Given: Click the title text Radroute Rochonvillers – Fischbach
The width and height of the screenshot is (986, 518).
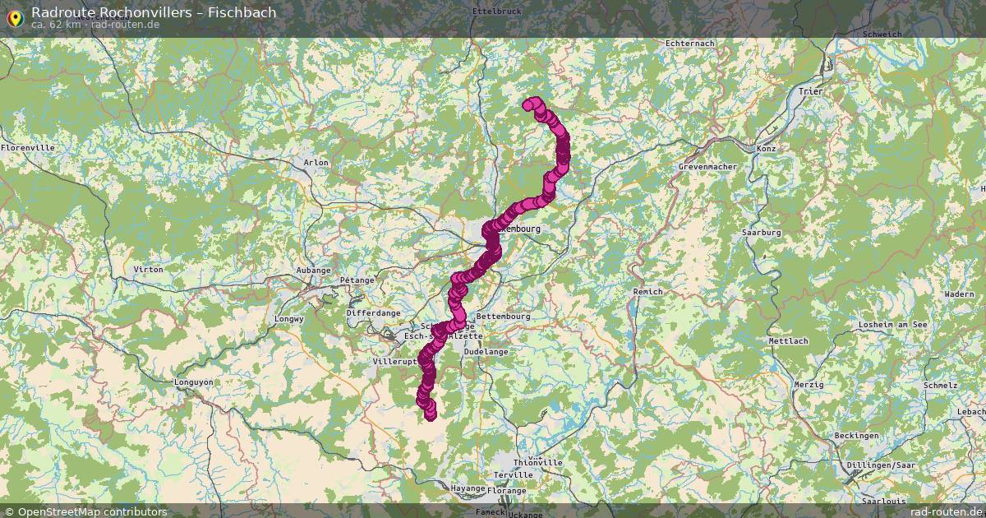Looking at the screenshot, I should coord(154,12).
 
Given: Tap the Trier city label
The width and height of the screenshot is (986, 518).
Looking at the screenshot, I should coord(810,91).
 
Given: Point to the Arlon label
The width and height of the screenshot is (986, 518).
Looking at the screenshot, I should coord(316,163).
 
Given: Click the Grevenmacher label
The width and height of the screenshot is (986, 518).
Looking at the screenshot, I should coord(707,167).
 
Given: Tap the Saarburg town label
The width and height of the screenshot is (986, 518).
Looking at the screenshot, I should coord(761,234).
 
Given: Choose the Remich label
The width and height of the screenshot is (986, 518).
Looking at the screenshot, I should coord(647,292).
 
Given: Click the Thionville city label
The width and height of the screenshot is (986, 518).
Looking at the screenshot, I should coord(537,463).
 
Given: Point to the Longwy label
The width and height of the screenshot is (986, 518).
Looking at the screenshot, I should coord(288,318).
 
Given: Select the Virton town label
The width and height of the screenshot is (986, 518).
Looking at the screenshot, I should coord(148,270).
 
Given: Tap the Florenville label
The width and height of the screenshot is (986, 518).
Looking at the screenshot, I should coord(28,148).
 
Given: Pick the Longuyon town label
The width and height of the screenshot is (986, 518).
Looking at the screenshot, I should coord(193,382).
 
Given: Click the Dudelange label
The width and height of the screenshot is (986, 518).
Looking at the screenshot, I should coord(486,351).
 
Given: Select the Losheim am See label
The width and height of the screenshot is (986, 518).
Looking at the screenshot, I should coord(892,325).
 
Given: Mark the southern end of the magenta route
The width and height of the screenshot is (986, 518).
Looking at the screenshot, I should coord(431,415).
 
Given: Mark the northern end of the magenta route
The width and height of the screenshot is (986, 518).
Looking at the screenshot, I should coord(528,104).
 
